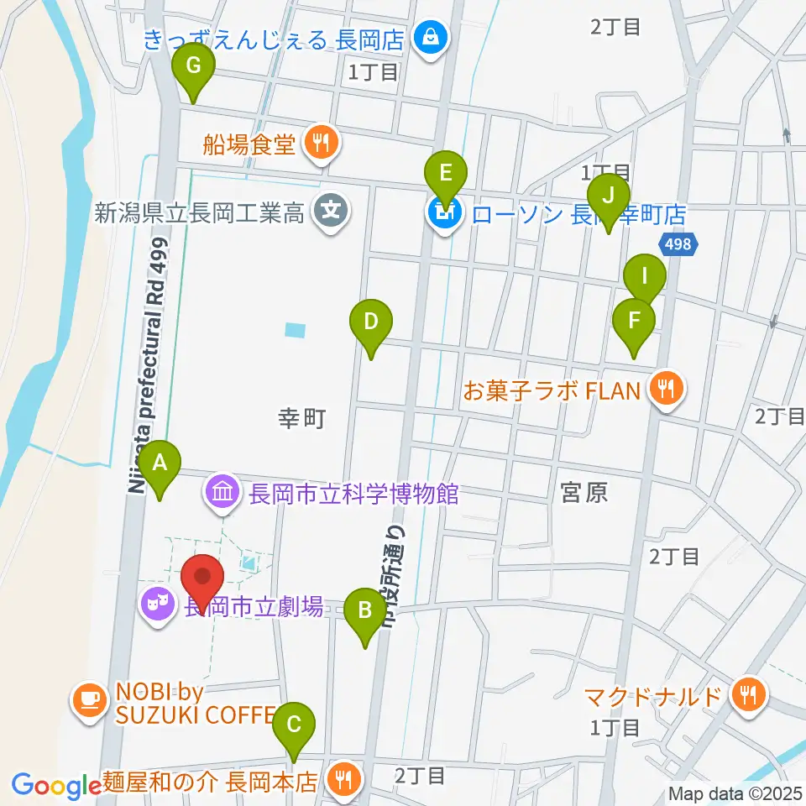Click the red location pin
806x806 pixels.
(x=203, y=579)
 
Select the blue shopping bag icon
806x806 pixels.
(x=431, y=38)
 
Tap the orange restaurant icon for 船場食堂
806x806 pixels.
(x=320, y=143)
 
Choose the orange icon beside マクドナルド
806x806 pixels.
(x=746, y=695)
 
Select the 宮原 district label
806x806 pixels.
(x=585, y=492)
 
